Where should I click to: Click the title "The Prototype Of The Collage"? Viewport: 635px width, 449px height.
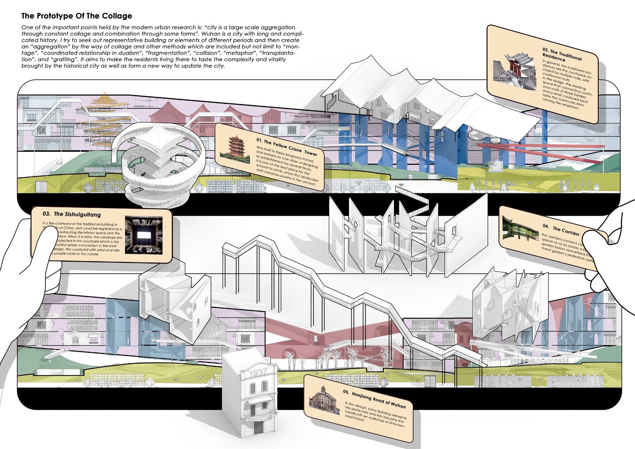pos(76,16)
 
